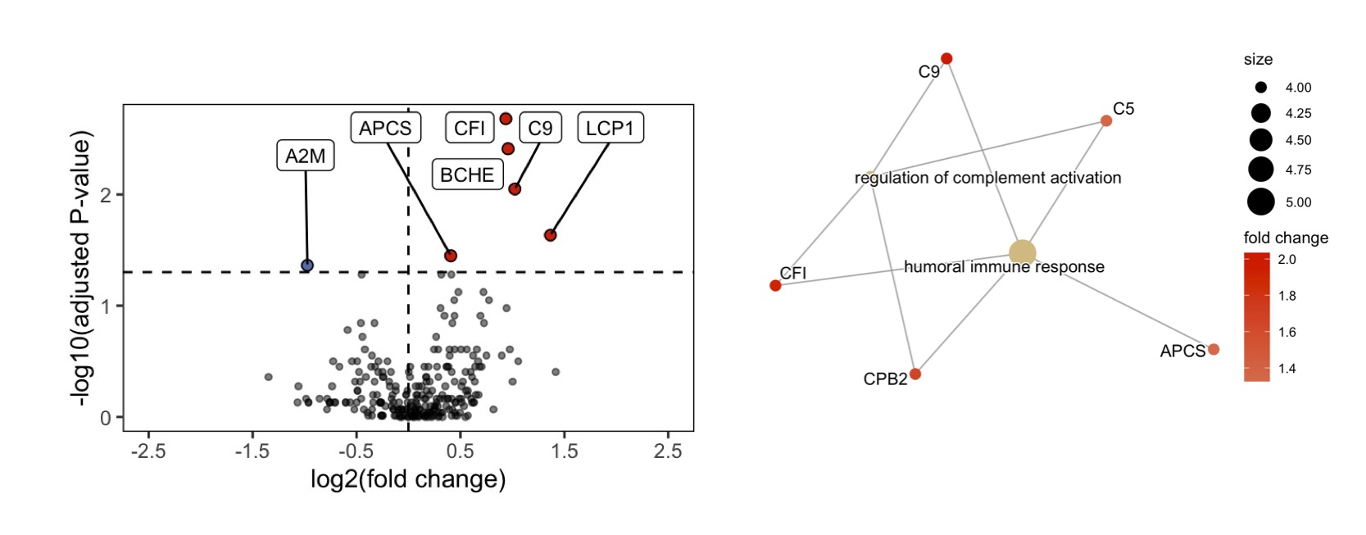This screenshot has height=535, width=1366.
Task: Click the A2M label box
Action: click(306, 156)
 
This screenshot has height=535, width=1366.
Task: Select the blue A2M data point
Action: click(307, 265)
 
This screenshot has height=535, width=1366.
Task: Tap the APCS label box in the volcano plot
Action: click(385, 128)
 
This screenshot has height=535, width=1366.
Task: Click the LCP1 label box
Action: click(610, 128)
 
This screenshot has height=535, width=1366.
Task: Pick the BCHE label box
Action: click(467, 175)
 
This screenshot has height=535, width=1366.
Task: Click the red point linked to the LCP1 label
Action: click(551, 235)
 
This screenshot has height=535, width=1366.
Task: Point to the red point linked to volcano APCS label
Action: click(451, 256)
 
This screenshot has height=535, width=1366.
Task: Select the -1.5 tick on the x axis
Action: click(252, 451)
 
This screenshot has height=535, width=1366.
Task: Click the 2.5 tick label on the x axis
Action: click(668, 451)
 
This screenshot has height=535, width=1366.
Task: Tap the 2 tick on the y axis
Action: click(106, 196)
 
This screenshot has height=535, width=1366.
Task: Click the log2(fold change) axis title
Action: click(408, 479)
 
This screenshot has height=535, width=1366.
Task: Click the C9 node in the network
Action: click(946, 58)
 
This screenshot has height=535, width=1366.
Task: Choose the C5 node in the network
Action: click(1106, 120)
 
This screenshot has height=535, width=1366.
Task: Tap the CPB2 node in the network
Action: click(915, 374)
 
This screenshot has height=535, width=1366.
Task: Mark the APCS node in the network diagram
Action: click(1214, 349)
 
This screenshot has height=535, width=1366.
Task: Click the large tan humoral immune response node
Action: click(1022, 253)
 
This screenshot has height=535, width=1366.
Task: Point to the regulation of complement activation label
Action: click(987, 178)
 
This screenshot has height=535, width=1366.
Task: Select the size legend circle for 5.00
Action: click(1261, 202)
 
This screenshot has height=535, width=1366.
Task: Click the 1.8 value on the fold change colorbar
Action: click(1287, 296)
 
